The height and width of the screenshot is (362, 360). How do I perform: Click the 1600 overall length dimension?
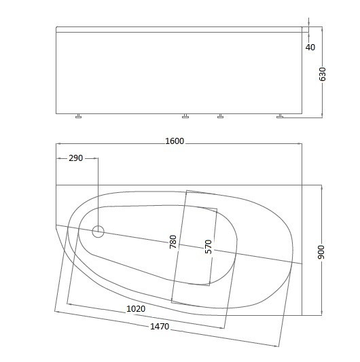pyautogui.click(x=175, y=141)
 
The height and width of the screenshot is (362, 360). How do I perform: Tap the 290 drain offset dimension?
pyautogui.click(x=75, y=158)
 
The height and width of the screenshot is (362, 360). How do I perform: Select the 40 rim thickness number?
pyautogui.click(x=310, y=48)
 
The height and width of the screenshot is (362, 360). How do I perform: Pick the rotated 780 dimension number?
pyautogui.click(x=173, y=243)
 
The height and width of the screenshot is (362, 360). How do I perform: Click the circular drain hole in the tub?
pyautogui.click(x=98, y=232)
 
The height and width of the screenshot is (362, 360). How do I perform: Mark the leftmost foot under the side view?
pyautogui.click(x=79, y=116)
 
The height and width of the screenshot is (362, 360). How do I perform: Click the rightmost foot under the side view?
pyautogui.click(x=280, y=116)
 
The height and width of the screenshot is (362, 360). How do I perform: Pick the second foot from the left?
pyautogui.click(x=186, y=116)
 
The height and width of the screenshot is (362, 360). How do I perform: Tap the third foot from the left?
pyautogui.click(x=220, y=116)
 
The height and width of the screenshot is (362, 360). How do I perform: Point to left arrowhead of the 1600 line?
pyautogui.click(x=58, y=144)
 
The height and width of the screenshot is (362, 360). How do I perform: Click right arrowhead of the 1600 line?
pyautogui.click(x=301, y=144)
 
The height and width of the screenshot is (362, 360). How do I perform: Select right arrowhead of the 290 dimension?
pyautogui.click(x=96, y=159)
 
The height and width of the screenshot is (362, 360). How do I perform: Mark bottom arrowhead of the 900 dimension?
pyautogui.click(x=321, y=313)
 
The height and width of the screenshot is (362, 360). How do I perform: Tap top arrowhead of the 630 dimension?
pyautogui.click(x=321, y=29)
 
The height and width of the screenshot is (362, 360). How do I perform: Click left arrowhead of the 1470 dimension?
pyautogui.click(x=57, y=312)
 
